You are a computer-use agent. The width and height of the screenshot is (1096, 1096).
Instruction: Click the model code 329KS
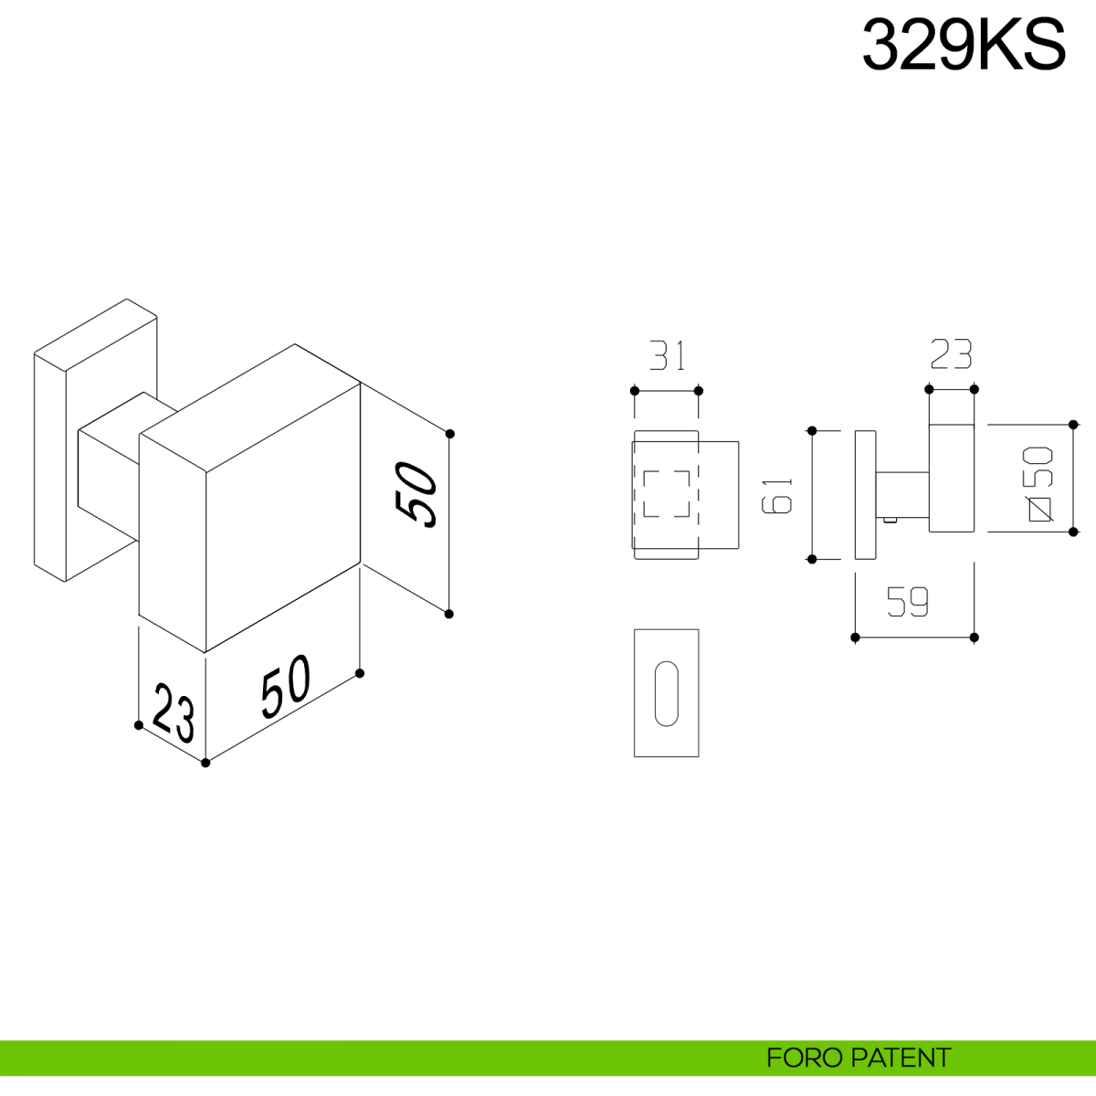[964, 46]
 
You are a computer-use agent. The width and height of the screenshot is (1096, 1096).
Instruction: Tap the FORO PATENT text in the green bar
[858, 1059]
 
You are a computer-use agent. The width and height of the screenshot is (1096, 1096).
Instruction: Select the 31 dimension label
[668, 355]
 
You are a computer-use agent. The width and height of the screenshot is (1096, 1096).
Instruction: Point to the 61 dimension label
[778, 495]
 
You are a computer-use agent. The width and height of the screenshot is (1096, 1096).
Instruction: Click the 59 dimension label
[908, 602]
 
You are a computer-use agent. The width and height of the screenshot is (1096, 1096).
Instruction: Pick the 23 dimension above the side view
[951, 354]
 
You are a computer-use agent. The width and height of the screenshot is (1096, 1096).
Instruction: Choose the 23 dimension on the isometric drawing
[173, 711]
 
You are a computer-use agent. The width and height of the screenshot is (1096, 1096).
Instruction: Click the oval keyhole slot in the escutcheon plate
[667, 693]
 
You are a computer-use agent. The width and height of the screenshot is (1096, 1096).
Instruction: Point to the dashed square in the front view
[667, 494]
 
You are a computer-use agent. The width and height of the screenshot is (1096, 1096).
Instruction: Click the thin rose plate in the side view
[865, 494]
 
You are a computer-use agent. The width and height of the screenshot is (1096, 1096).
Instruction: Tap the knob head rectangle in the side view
[952, 478]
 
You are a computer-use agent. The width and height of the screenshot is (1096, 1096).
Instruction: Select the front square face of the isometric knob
[283, 518]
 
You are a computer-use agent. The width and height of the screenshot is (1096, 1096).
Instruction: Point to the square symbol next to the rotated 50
[1040, 509]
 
